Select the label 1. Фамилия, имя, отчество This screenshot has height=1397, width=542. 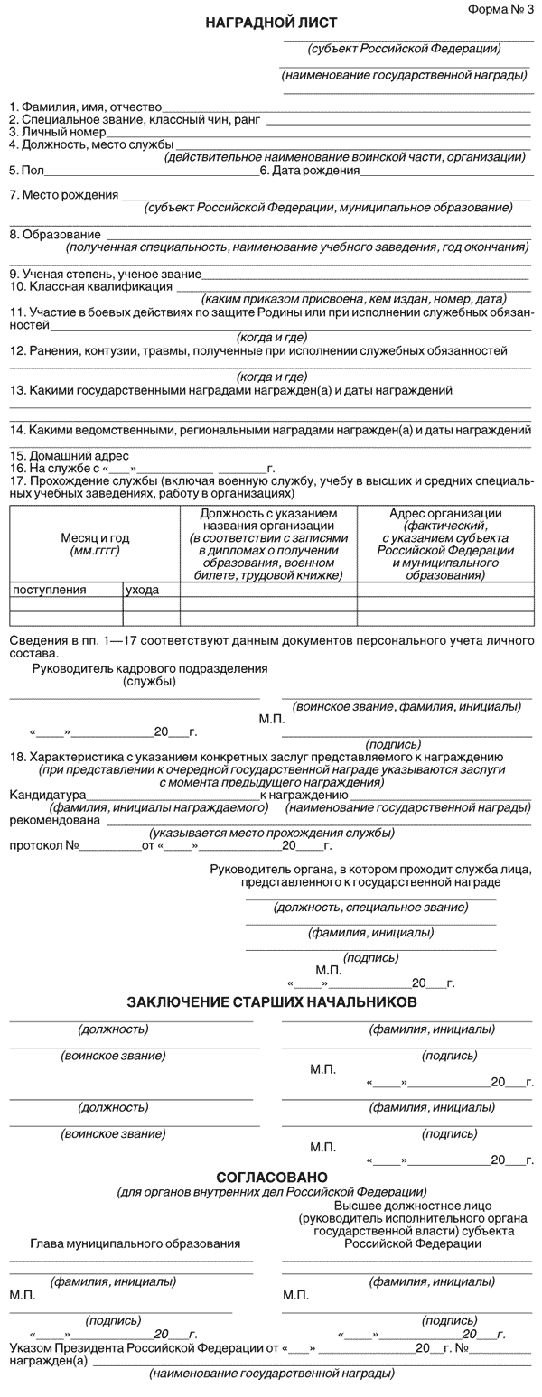click(86, 107)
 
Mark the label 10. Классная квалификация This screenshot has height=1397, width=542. click(90, 286)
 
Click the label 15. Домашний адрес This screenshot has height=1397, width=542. click(70, 456)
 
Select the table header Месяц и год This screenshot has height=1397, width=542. click(95, 538)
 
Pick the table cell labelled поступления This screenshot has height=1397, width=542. click(50, 590)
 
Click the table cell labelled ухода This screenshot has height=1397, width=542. click(143, 590)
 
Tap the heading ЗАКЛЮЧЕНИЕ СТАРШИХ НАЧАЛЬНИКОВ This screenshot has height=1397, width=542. click(271, 1002)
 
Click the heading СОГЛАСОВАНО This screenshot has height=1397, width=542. click(271, 1177)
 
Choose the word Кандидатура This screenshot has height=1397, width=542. click(46, 796)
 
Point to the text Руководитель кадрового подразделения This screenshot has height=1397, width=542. click(150, 668)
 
